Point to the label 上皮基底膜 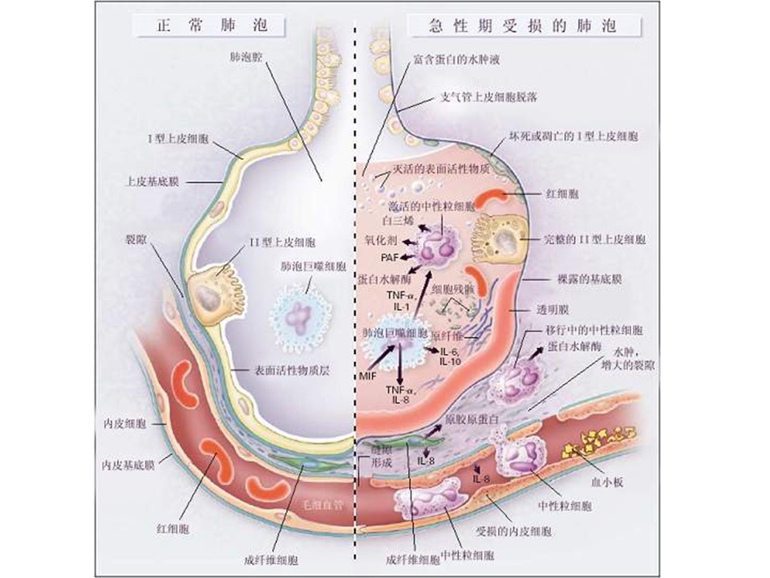(x=153, y=182)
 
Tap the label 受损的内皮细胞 (x=513, y=531)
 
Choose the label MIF (x=368, y=374)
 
